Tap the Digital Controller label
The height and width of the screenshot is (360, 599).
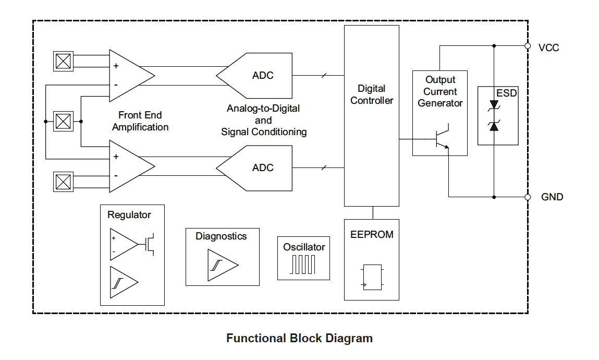(372, 94)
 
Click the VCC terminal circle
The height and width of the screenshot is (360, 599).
(528, 46)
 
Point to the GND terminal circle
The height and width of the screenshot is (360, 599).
(528, 197)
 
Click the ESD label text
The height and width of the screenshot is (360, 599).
(506, 93)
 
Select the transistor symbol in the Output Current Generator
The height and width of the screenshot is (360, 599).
(442, 138)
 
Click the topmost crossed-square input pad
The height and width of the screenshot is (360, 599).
(63, 62)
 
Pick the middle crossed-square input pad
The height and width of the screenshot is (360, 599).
(63, 122)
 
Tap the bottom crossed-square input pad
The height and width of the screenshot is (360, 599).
(63, 182)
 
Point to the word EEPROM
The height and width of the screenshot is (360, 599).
(372, 235)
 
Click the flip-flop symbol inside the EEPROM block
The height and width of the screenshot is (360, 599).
(372, 277)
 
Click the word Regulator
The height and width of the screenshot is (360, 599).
(129, 215)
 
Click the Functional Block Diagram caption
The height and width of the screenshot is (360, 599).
(299, 338)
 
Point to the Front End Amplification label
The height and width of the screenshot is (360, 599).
(140, 121)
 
